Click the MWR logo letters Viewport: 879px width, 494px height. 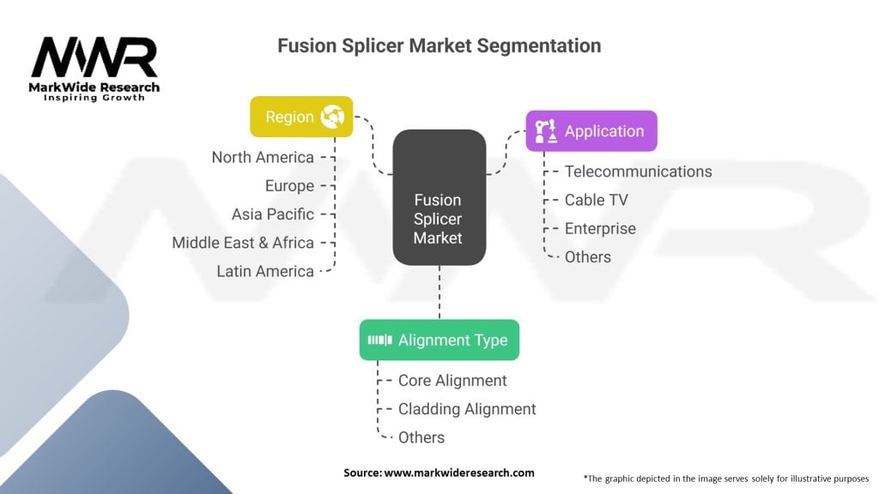point(94,57)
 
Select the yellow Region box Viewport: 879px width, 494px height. point(301,117)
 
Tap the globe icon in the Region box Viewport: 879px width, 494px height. point(332,117)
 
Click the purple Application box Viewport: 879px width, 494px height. point(591,131)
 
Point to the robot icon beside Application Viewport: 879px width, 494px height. point(545,131)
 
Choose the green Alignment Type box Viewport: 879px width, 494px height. point(439,340)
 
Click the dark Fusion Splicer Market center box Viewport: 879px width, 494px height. point(439,197)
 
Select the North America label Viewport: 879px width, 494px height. point(263,158)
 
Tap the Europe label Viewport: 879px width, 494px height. point(289,186)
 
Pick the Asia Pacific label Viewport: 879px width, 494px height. point(272,214)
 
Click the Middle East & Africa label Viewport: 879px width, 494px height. point(243,243)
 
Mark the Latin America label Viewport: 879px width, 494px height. point(265,272)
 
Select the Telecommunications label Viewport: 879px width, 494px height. point(638,172)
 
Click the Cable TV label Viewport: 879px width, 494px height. point(596,200)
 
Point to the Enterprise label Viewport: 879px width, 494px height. point(600,228)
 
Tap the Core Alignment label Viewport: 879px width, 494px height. point(452,381)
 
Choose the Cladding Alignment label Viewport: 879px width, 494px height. point(467,409)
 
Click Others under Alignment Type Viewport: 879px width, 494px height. point(421,437)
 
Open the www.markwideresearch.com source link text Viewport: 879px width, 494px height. point(459,473)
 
